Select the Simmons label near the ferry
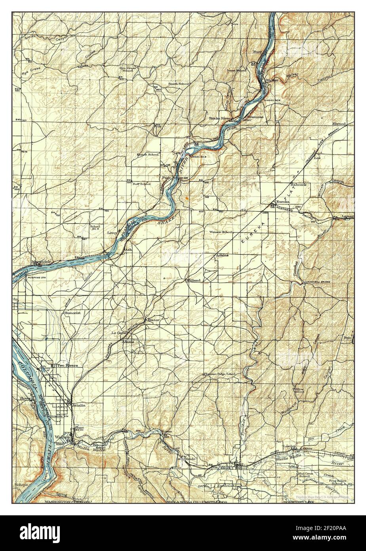point(255,117)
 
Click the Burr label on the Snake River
point(258,52)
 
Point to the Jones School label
point(236,71)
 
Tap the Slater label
point(152,320)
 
